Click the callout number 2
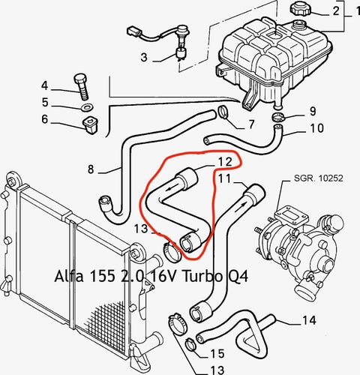point(336,10)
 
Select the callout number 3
point(144,57)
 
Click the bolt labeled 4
point(82,86)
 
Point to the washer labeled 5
point(86,108)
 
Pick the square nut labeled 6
point(90,124)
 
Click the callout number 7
point(251,124)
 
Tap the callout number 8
point(91,169)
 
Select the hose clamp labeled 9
point(277,117)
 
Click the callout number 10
point(316,128)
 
